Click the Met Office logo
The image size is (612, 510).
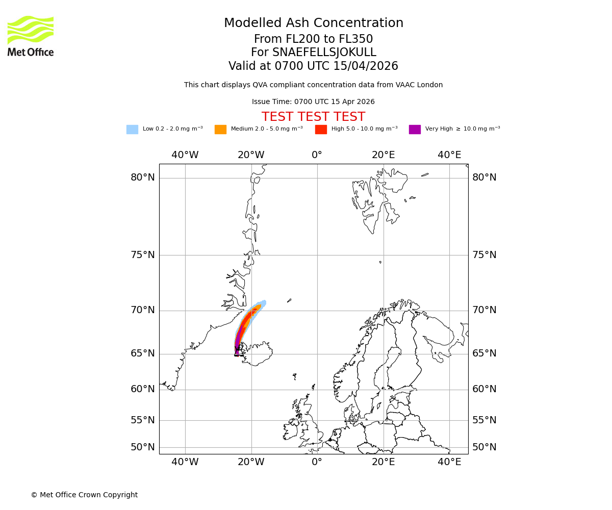(x=31, y=36)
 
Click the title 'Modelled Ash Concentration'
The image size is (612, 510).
(x=314, y=23)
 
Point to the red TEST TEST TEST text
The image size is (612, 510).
(x=313, y=117)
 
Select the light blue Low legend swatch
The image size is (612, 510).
(x=132, y=130)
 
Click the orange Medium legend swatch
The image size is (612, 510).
(x=220, y=130)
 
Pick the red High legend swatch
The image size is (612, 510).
(x=321, y=130)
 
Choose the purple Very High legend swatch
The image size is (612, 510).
(x=415, y=130)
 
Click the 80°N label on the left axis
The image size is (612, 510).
(x=143, y=177)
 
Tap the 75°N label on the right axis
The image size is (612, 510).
(x=484, y=255)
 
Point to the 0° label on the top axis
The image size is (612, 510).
(x=317, y=155)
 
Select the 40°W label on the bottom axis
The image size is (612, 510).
(x=185, y=462)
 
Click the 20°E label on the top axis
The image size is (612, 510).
(x=383, y=155)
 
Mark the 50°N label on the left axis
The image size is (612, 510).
(x=143, y=447)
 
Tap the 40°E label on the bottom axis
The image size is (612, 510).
(x=449, y=462)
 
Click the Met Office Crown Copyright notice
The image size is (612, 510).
(x=84, y=495)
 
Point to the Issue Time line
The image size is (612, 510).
(x=313, y=102)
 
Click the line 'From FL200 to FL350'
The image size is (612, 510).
(x=313, y=39)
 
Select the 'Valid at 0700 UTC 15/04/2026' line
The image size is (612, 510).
(x=313, y=66)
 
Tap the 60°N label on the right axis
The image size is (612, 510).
(x=484, y=389)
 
